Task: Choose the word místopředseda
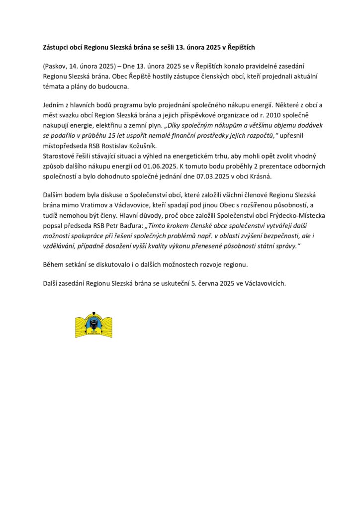point(66,146)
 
